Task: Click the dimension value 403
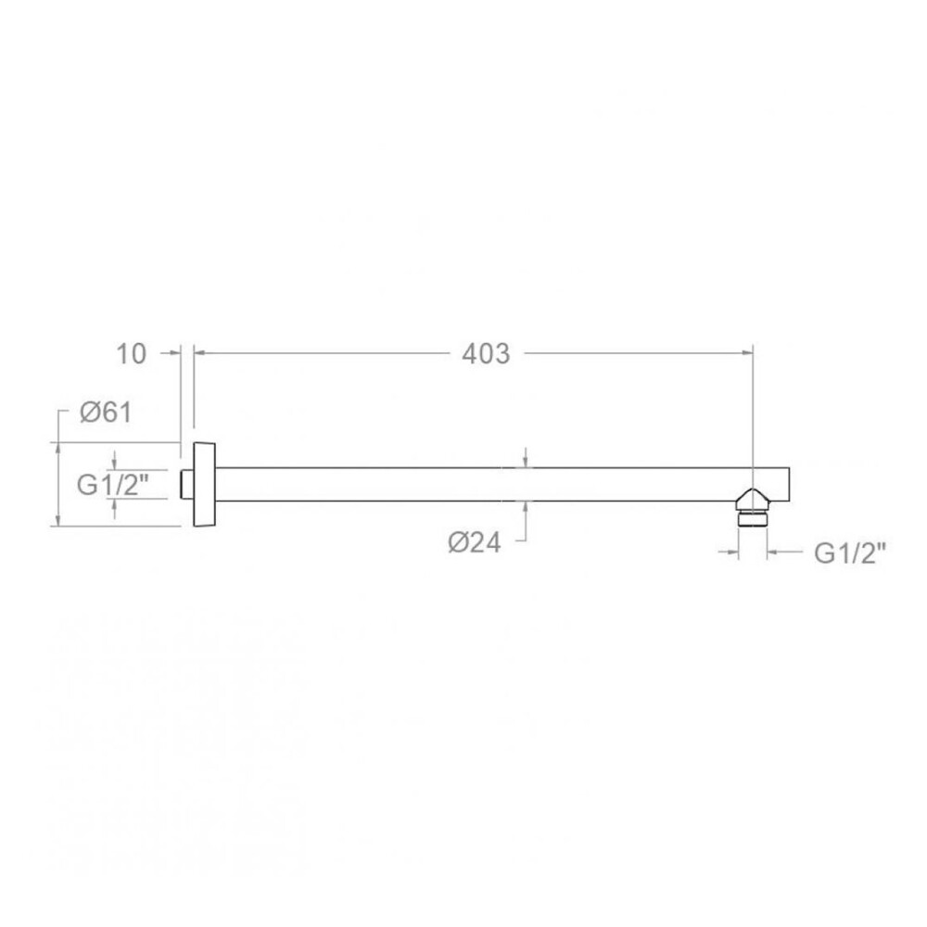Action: pos(486,354)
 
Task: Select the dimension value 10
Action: pos(131,354)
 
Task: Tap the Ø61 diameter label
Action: pos(107,413)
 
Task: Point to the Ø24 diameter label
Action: pos(474,542)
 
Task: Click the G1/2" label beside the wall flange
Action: pos(113,486)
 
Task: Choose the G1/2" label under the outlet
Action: pos(850,553)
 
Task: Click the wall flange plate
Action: pos(204,484)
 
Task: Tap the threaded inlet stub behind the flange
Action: pos(187,485)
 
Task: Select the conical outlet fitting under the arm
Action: pos(753,500)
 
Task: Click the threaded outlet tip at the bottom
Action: pos(753,518)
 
